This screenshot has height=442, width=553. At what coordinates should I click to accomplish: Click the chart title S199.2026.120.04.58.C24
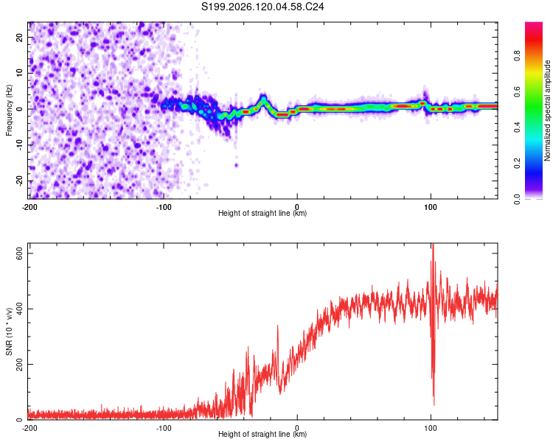pos(262,7)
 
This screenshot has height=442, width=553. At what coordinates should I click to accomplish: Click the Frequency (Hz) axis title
pos(9,110)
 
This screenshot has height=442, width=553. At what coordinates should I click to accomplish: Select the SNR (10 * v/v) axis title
pos(9,331)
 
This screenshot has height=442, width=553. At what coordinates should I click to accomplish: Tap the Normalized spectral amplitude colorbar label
pos(547,110)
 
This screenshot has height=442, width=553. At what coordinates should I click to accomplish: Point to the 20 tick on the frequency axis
pos(19,37)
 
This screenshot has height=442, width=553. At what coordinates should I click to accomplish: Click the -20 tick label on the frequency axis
pos(19,180)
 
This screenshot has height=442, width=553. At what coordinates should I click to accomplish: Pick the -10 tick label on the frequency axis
pos(19,144)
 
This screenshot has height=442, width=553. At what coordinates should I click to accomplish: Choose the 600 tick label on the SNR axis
pos(19,253)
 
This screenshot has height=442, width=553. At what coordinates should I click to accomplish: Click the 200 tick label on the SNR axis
pos(19,364)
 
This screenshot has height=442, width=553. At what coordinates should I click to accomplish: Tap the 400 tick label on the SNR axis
pos(19,309)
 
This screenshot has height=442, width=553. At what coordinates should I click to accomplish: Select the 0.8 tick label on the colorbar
pos(517,56)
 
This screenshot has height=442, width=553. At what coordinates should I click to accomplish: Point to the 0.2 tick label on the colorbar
pos(517,163)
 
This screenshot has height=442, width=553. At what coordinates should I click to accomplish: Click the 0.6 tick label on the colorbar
pos(517,91)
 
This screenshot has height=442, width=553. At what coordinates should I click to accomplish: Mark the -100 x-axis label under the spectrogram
pos(164,207)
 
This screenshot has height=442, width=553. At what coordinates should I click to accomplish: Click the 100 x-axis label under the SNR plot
pos(431,428)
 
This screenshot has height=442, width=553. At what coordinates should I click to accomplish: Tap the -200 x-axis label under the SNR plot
pos(29,428)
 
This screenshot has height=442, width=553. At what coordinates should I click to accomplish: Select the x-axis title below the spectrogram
pos(262,213)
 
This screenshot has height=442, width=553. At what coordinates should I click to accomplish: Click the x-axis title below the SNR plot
pos(262,434)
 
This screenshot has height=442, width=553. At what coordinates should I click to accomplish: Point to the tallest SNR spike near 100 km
pos(433,245)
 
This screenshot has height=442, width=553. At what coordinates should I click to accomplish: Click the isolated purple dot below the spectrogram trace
pos(236,165)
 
